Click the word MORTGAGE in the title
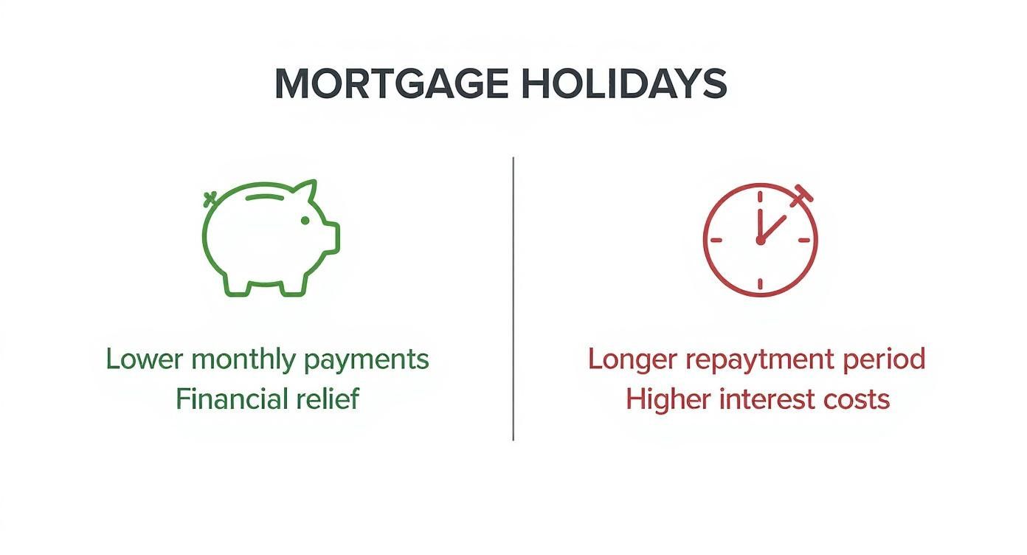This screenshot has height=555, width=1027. click(391, 84)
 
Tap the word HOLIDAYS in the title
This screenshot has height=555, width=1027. click(624, 84)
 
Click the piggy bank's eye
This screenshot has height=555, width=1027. click(304, 220)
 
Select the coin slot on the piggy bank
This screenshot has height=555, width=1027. click(269, 198)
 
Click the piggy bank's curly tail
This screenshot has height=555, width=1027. click(210, 198)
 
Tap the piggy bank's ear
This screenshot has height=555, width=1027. click(305, 193)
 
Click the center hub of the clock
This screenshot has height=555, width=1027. click(760, 240)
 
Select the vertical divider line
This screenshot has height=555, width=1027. click(513, 298)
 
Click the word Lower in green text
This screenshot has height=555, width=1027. click(145, 359)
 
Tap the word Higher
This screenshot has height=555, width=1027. click(668, 399)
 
